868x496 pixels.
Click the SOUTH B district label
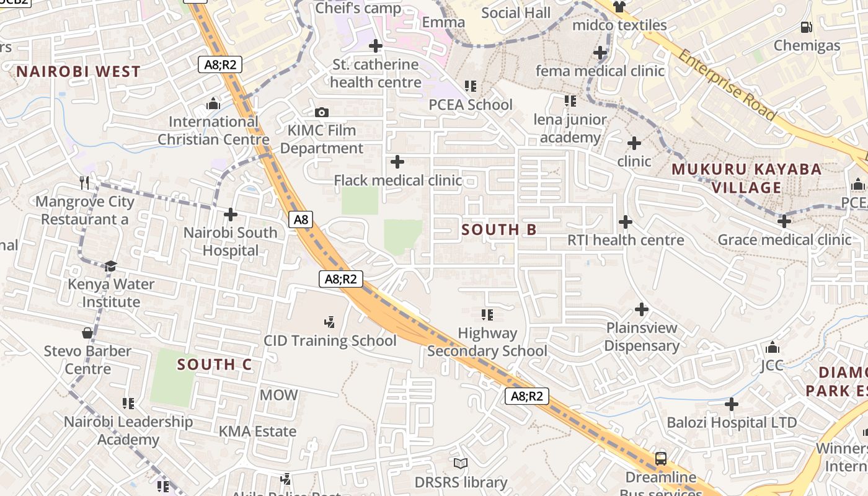[499, 230]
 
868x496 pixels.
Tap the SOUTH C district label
[215, 365]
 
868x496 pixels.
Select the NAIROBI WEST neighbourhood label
[79, 72]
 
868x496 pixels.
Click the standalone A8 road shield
[301, 219]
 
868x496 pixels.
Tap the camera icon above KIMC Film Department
[321, 112]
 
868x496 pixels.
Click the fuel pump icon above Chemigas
[806, 27]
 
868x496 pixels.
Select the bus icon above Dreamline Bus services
[661, 459]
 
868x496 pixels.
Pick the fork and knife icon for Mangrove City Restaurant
[85, 182]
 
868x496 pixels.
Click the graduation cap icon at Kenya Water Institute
[110, 266]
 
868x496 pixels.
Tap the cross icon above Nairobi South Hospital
[231, 215]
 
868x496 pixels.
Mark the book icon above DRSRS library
[461, 463]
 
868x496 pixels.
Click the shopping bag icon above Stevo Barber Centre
[87, 333]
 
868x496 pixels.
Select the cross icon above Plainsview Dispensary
[642, 309]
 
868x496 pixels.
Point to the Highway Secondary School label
[487, 342]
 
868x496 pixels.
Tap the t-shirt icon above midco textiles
[619, 7]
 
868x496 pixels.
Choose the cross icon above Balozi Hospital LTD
[732, 404]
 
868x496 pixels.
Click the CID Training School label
[330, 341]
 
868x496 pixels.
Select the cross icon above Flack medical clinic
[397, 162]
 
